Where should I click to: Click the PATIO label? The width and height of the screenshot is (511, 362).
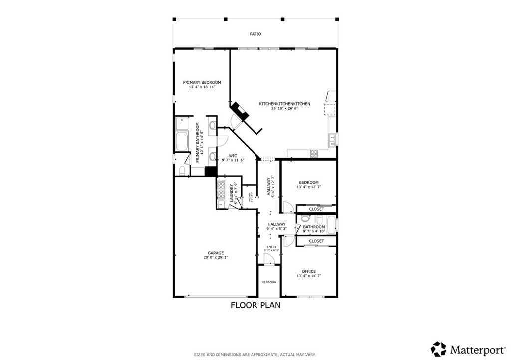pos(255,34)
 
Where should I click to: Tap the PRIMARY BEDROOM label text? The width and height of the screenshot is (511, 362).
pos(202,82)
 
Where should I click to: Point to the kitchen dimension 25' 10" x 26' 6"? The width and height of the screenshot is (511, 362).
pos(284,108)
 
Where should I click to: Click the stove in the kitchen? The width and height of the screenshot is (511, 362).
pos(314,154)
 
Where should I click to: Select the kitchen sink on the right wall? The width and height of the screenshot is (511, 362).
pos(331,140)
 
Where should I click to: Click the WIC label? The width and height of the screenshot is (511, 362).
pos(232,155)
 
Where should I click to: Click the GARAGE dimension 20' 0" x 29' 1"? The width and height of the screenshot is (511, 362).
pos(216,258)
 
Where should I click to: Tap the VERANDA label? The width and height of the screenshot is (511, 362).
pos(269,282)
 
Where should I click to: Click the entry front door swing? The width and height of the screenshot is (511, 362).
pos(268,259)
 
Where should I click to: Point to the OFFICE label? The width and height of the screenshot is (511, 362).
pos(308,271)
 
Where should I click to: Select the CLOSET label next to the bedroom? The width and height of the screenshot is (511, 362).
pos(316,209)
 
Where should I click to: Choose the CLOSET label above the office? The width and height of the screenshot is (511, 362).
pos(316,241)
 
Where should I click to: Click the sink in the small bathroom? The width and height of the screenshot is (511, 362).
pos(305,219)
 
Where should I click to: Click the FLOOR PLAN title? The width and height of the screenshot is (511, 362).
pos(255,305)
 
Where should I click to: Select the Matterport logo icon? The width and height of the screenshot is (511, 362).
pos(438,348)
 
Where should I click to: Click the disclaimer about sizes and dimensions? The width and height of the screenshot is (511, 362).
pos(255,355)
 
